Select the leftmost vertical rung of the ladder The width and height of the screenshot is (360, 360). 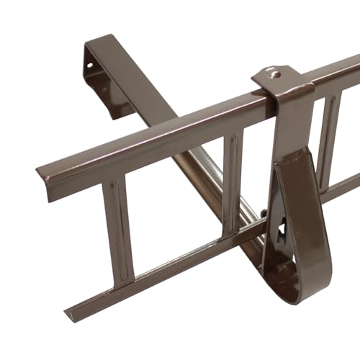119,230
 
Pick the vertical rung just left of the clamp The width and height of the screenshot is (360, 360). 233,184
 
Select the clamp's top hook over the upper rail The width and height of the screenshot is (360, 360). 281,79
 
